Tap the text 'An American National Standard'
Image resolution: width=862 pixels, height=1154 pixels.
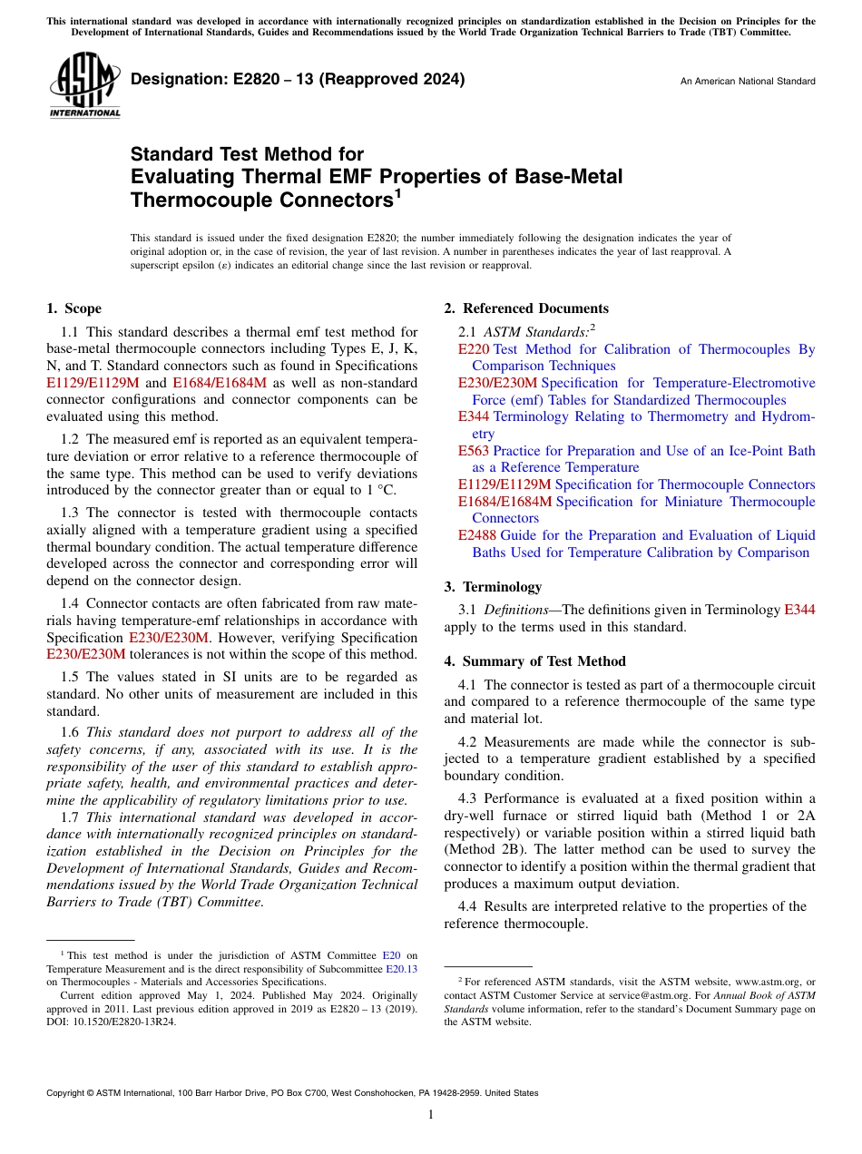click(x=748, y=82)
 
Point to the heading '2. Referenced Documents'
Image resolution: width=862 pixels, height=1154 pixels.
click(x=526, y=308)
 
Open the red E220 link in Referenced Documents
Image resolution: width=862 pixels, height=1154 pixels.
click(x=474, y=349)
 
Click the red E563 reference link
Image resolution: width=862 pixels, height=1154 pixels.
click(x=474, y=451)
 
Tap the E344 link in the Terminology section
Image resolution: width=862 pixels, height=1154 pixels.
click(x=798, y=611)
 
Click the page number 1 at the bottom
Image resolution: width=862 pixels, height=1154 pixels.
click(x=431, y=1115)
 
